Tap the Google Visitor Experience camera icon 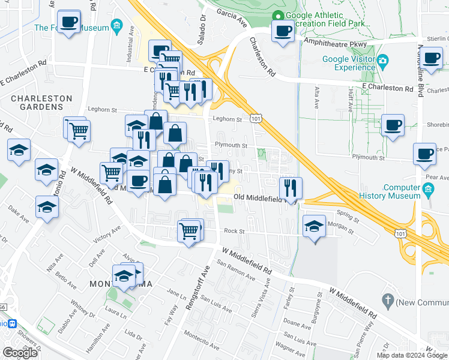[382, 61]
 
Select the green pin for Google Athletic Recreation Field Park [277, 16]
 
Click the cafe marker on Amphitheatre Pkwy [283, 31]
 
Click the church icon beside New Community [388, 299]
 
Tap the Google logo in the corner [20, 353]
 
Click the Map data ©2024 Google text [411, 355]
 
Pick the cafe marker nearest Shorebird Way [393, 125]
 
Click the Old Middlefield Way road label [265, 197]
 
